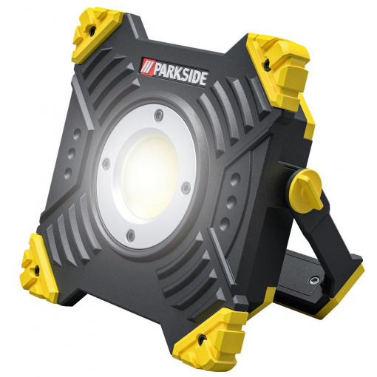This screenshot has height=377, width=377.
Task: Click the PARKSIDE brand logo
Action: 174,72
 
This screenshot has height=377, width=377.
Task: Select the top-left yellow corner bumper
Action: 98,35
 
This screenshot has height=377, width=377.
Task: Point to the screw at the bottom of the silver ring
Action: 131,235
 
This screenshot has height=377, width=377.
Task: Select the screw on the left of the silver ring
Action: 106,163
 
